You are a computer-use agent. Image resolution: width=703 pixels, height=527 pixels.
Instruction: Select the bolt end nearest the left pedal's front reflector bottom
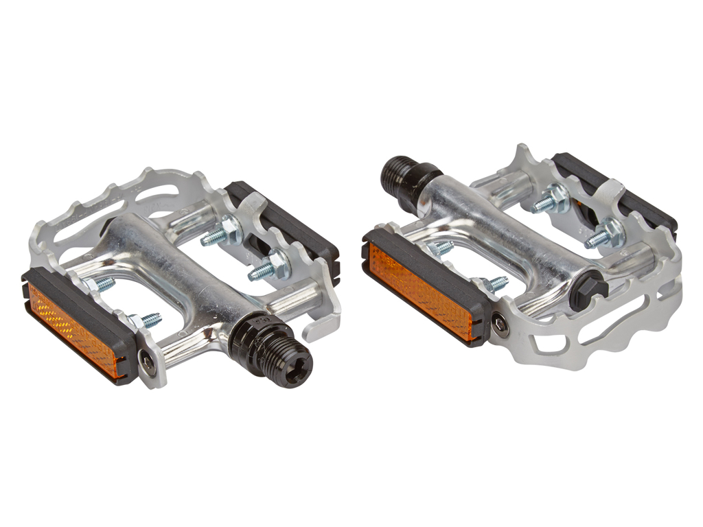[146, 320]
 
